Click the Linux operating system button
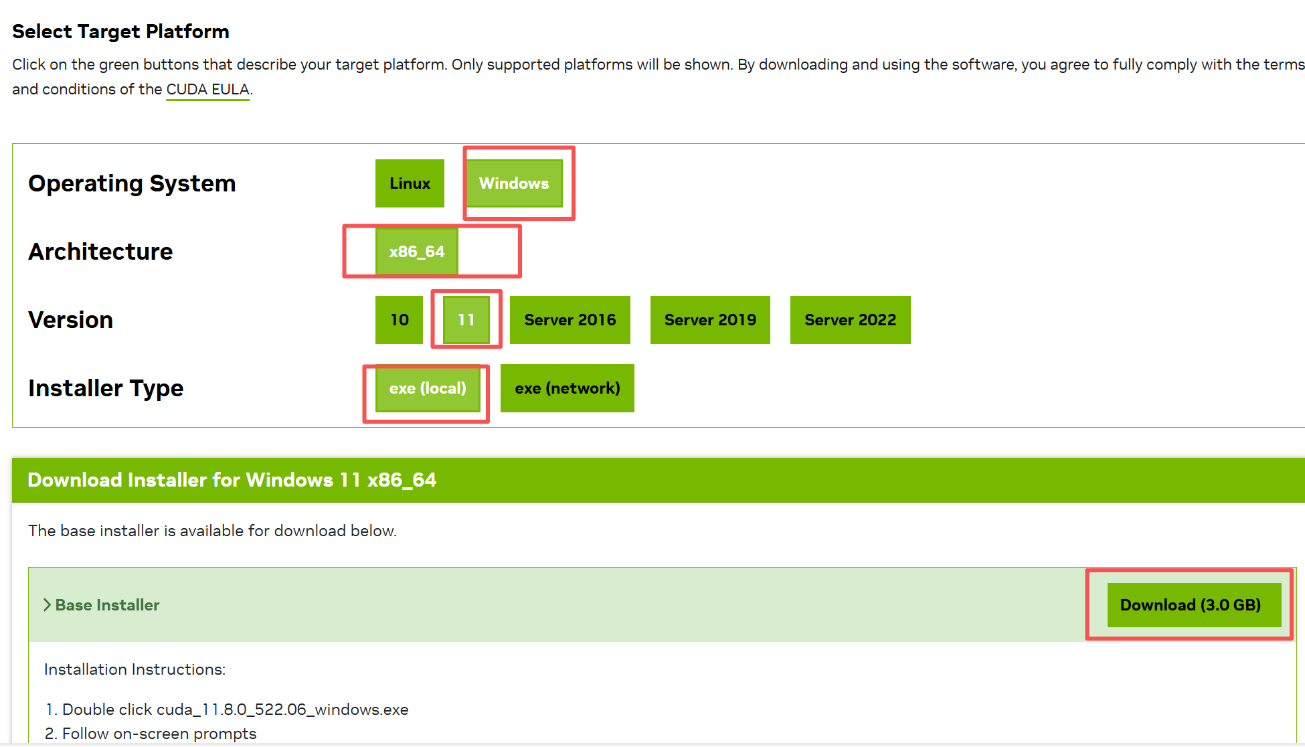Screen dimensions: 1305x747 pyautogui.click(x=410, y=183)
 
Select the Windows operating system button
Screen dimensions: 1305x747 pyautogui.click(x=514, y=183)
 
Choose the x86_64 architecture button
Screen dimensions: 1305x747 pyautogui.click(x=416, y=252)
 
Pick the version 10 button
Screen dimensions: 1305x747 pyautogui.click(x=399, y=320)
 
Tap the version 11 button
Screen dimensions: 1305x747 pyautogui.click(x=466, y=320)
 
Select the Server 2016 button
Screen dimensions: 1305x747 pyautogui.click(x=570, y=320)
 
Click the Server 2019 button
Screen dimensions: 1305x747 pyautogui.click(x=710, y=320)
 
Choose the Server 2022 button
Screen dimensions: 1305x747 pyautogui.click(x=850, y=320)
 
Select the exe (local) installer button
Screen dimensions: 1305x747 pyautogui.click(x=428, y=388)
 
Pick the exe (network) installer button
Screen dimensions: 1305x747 pyautogui.click(x=567, y=388)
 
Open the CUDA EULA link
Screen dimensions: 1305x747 pyautogui.click(x=207, y=90)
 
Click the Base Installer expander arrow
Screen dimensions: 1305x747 pyautogui.click(x=47, y=605)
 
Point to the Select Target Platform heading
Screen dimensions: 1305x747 pyautogui.click(x=120, y=31)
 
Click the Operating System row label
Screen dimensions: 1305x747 pyautogui.click(x=132, y=183)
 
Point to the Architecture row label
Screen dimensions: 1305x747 pyautogui.click(x=100, y=252)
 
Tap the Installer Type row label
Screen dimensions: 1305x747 pyautogui.click(x=106, y=388)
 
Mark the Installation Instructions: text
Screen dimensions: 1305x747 pyautogui.click(x=135, y=669)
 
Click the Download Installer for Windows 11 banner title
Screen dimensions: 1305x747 pyautogui.click(x=232, y=480)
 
